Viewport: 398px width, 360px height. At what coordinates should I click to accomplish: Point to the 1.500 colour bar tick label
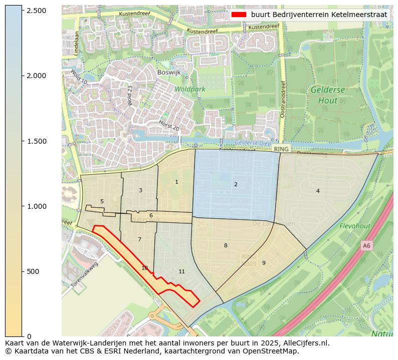[36, 141]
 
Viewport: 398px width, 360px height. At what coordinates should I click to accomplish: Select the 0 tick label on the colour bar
[29, 336]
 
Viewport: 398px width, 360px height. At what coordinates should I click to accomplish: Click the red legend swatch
[239, 15]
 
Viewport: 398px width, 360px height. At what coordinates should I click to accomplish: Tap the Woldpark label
[190, 89]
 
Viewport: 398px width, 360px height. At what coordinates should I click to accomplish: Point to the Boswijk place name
[168, 72]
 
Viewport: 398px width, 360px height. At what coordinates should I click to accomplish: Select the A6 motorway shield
[367, 245]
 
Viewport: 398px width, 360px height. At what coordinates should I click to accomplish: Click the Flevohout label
[354, 226]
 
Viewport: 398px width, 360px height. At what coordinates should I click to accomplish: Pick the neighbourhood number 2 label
[236, 184]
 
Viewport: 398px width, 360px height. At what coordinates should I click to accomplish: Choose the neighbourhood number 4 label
[318, 191]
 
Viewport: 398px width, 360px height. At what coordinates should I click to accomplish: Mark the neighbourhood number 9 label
[264, 263]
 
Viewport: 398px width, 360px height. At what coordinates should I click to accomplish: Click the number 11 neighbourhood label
[182, 271]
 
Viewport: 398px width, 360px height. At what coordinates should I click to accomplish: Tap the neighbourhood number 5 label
[102, 201]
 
